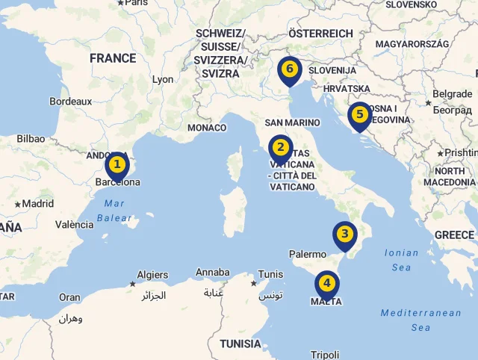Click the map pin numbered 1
117,164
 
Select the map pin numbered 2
280,148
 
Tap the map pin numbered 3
344,235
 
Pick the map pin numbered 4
326,283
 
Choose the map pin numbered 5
359,115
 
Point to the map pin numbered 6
289,69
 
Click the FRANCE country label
113,58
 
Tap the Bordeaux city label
70,101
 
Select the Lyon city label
163,79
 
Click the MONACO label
207,128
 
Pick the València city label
74,224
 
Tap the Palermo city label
308,254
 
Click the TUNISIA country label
240,344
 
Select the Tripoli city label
325,355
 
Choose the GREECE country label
454,235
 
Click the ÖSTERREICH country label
320,34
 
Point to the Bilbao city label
31,138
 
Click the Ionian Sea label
401,260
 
